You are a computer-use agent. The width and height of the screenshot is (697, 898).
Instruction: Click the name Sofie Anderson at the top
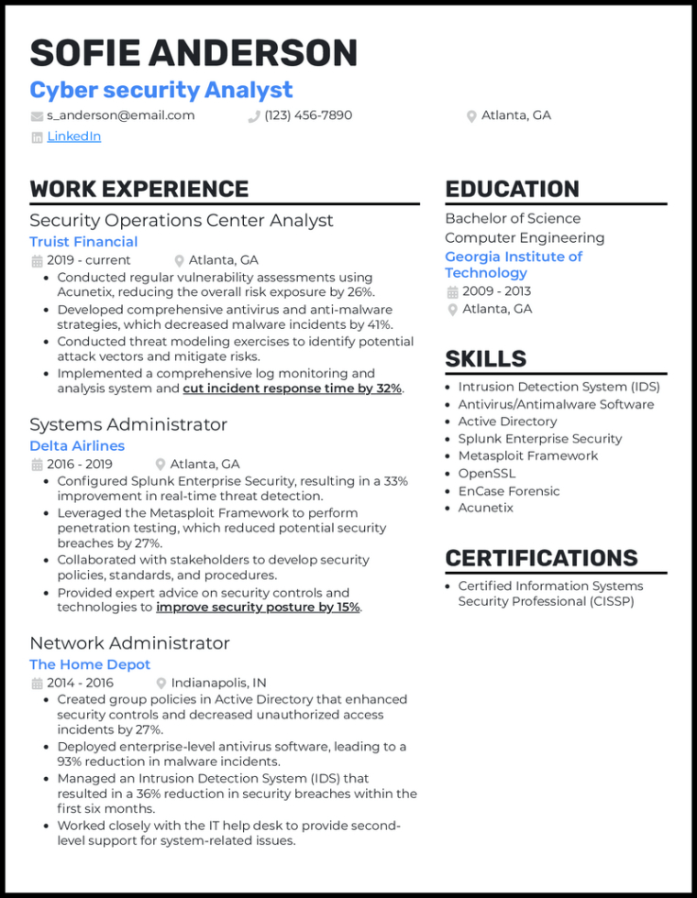193,52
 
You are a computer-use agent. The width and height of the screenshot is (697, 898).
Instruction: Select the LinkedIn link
73,137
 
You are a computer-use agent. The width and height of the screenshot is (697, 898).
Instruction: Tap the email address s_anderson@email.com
120,115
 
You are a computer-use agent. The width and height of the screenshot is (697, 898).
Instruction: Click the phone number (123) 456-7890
307,115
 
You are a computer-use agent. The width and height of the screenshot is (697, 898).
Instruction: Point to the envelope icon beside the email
37,116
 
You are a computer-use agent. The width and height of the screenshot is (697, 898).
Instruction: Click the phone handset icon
254,116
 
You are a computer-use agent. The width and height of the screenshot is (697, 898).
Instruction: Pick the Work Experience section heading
138,189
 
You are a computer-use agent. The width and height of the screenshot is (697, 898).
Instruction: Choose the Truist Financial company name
83,242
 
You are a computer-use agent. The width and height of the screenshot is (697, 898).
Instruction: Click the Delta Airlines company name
77,446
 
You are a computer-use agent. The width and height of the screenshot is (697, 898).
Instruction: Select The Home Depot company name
90,664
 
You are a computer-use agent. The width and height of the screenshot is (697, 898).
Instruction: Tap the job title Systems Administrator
128,424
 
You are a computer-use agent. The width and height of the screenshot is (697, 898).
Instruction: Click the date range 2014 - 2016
80,683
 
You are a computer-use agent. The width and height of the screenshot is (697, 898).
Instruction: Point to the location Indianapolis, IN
218,683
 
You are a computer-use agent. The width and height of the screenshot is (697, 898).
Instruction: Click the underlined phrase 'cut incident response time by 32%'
292,389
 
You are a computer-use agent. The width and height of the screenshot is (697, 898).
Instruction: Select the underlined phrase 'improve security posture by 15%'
258,608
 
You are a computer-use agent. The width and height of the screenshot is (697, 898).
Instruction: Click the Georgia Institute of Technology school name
514,265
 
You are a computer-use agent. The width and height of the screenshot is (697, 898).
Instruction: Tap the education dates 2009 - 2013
496,291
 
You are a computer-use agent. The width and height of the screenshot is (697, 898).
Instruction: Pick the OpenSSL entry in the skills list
486,474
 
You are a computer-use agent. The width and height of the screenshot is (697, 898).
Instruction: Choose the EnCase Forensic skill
509,491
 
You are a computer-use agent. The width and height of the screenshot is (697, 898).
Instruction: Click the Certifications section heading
541,558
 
